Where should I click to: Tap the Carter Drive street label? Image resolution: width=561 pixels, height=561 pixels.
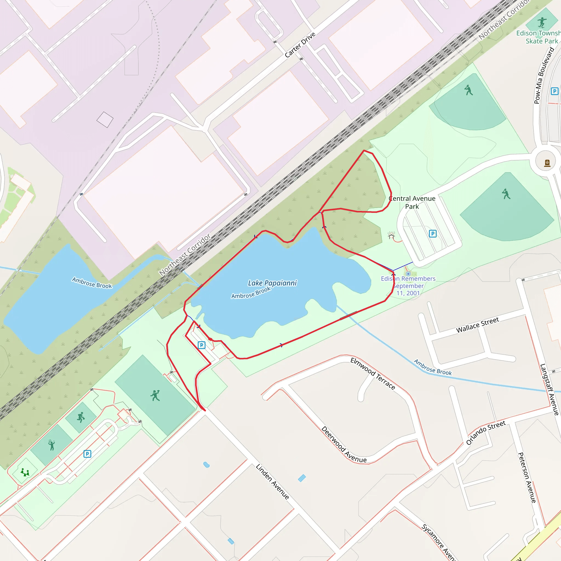coord(300,45)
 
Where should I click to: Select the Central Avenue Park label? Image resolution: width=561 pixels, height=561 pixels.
coord(412,202)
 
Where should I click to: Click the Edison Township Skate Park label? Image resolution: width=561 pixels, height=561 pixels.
coord(538,37)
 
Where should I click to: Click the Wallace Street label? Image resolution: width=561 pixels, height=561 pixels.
coord(477,325)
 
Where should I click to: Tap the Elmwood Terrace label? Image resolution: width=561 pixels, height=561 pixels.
coord(373,373)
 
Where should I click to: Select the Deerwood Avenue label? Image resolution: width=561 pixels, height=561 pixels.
coord(344,445)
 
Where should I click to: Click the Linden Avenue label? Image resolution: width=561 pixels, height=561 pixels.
coord(272,482)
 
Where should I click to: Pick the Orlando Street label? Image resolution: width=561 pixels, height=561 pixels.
coord(486,432)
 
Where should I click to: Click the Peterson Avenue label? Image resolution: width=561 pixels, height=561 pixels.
coord(527,477)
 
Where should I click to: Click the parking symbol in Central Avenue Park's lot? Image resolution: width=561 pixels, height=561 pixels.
coord(433,233)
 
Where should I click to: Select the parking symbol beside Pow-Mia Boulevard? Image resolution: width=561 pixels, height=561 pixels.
coord(554,91)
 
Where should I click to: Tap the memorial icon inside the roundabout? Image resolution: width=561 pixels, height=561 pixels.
coord(547,163)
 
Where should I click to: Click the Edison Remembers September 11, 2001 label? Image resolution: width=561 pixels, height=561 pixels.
coord(408,286)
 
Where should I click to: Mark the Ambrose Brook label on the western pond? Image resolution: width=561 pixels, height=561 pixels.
coord(92,282)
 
